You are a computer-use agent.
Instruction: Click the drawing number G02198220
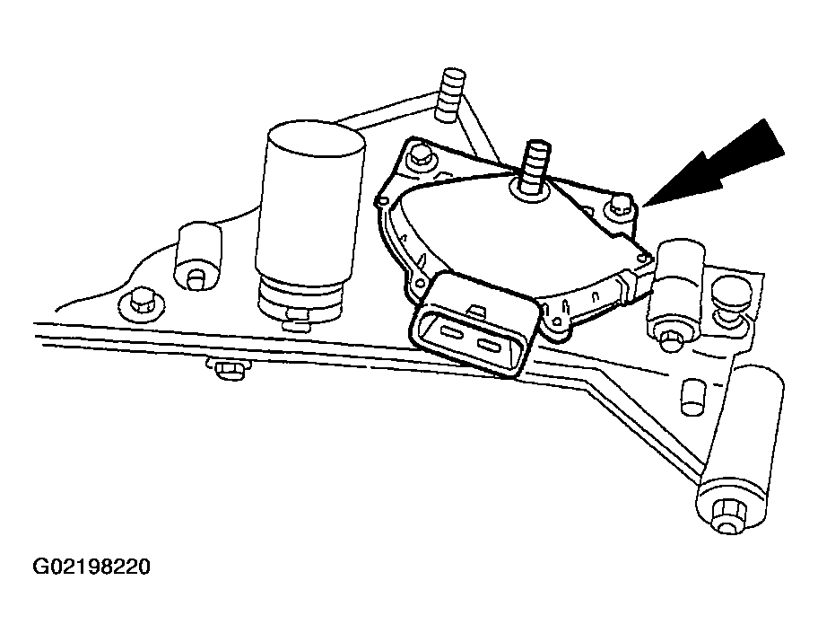[x=91, y=567]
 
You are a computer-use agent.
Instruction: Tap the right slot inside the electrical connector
[x=492, y=347]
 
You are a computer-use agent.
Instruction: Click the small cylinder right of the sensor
[x=683, y=268]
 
